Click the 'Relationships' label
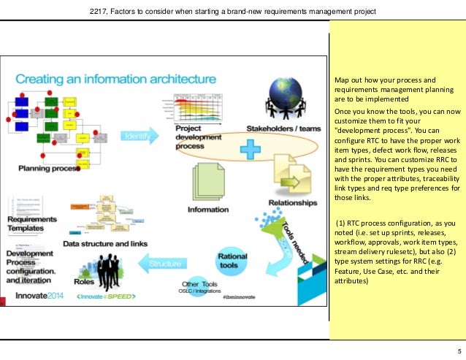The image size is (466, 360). point(292,202)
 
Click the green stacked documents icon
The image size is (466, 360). point(209,182)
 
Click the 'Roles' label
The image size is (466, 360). point(82,281)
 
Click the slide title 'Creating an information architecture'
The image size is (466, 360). point(115,77)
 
